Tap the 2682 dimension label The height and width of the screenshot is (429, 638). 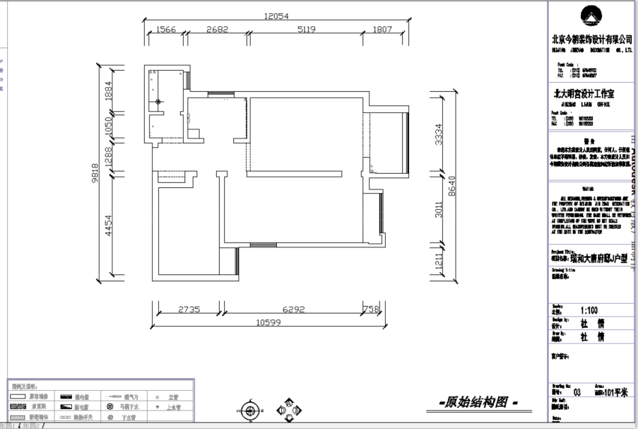tap(218, 30)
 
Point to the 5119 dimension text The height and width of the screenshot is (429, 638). tap(306, 30)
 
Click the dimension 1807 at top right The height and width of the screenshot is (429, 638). tap(382, 30)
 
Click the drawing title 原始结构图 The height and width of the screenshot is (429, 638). tap(478, 403)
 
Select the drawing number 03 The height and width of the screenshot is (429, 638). tap(577, 393)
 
